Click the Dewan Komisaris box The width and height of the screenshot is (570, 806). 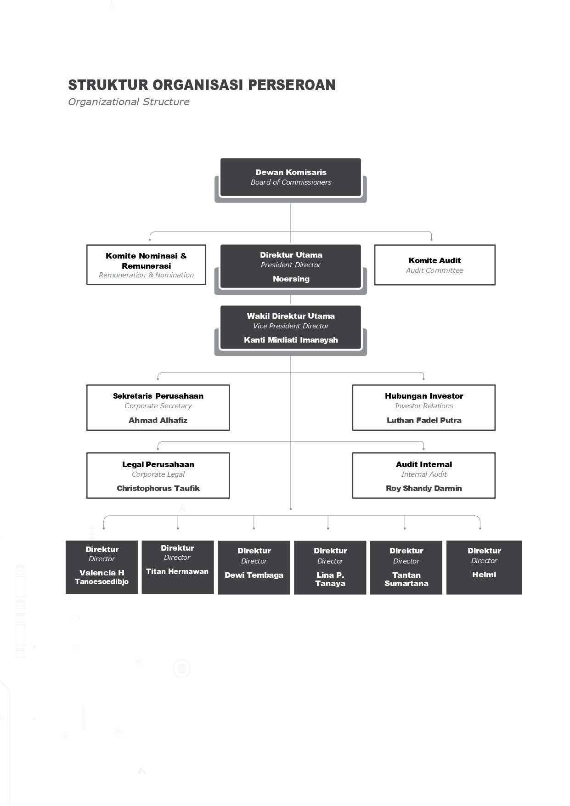291,177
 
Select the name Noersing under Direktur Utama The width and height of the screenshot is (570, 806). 291,279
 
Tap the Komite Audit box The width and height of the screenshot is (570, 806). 435,265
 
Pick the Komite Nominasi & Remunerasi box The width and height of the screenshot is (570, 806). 146,265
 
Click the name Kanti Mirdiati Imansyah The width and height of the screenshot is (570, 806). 291,340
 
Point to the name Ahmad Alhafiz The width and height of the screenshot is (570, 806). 158,420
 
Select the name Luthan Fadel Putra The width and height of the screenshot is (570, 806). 424,420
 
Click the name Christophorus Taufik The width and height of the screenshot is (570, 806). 158,488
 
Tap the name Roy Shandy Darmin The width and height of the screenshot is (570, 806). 424,488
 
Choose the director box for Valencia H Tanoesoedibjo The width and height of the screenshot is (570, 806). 102,567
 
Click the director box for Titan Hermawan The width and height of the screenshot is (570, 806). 178,567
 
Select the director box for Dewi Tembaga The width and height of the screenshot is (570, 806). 254,568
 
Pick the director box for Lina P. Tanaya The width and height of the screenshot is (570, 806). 330,568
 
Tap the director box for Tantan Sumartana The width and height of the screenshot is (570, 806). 406,568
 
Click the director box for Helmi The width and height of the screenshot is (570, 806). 484,568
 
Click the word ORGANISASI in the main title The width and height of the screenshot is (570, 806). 198,85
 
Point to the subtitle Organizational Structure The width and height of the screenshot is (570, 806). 129,102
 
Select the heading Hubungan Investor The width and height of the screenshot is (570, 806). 424,396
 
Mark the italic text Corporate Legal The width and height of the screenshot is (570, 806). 158,474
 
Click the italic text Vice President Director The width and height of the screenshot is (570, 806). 291,326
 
